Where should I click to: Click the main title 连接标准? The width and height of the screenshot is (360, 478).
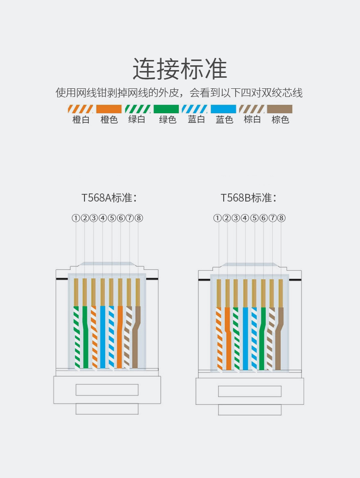pos(180,69)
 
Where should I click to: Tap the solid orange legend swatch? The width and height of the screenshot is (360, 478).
pos(109,109)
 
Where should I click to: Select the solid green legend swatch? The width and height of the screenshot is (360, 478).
pos(166,109)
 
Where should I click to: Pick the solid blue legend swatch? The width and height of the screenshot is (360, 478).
pos(224,109)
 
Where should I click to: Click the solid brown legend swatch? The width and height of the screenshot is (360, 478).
pos(280,109)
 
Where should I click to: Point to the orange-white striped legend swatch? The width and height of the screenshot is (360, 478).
pos(81,109)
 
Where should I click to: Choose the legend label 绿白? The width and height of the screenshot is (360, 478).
pos(137,120)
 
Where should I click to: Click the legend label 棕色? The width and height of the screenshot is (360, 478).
pos(280,120)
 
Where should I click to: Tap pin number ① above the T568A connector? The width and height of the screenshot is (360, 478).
pos(76,218)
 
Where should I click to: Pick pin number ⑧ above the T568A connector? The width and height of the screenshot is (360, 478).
pos(139,218)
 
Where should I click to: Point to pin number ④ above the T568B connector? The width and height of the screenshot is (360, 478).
pos(245,218)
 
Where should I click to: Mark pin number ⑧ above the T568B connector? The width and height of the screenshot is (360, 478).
pos(282,218)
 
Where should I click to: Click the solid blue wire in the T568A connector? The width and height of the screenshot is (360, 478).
pos(103,336)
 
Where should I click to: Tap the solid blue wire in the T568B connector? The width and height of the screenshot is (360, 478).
pos(245,336)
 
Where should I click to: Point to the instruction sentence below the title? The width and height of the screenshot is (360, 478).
pos(179,93)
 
